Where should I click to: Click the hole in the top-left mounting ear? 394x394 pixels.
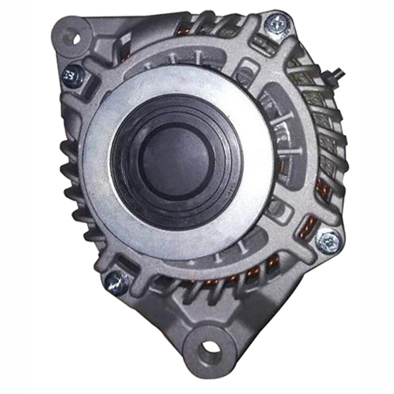74,37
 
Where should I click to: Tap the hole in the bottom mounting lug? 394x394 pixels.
209,347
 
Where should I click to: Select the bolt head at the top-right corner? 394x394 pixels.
274,26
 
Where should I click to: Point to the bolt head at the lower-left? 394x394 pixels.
116,282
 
